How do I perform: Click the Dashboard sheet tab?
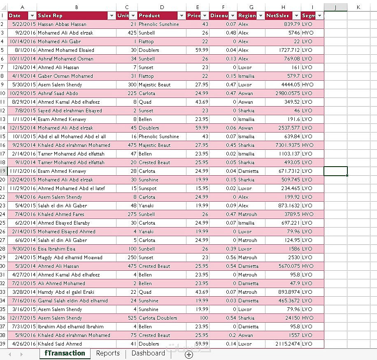click(148, 353)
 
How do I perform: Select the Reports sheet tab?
click(108, 353)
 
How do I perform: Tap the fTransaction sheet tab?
click(65, 353)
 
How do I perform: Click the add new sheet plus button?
click(189, 354)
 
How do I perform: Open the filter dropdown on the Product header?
click(182, 16)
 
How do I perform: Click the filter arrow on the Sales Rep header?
click(112, 16)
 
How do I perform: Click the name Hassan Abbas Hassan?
click(62, 24)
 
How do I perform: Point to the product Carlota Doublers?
click(158, 318)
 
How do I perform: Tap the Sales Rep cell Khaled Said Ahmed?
click(60, 344)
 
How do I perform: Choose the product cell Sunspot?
click(147, 188)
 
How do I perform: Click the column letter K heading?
click(358, 7)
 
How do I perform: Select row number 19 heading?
click(3, 171)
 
